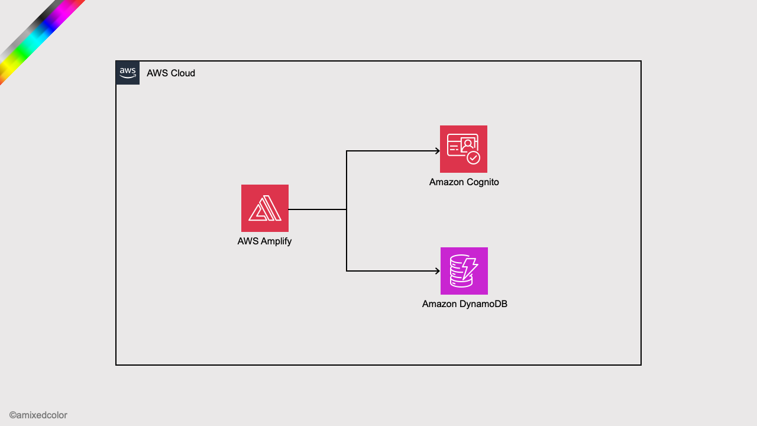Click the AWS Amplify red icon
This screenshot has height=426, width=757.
[x=264, y=208]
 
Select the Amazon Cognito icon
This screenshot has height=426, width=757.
[x=463, y=149]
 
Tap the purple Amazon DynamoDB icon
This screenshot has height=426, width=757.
[x=464, y=271]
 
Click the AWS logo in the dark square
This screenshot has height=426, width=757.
[x=128, y=73]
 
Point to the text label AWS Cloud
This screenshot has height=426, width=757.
[x=171, y=73]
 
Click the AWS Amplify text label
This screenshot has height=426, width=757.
[x=264, y=241]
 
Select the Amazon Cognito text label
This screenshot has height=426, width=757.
[x=464, y=182]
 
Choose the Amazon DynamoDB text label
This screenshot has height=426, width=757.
[x=464, y=304]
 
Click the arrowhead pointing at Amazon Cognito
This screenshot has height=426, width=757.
[x=437, y=151]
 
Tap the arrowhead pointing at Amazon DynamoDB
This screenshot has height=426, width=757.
[x=437, y=271]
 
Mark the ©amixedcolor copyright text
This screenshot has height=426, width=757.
[x=38, y=415]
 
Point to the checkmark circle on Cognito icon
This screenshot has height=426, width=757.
[x=473, y=157]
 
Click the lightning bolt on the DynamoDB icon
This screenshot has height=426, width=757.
[x=470, y=268]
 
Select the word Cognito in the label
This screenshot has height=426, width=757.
[x=482, y=182]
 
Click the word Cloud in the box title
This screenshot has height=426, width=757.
[x=183, y=73]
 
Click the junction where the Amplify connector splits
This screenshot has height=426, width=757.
[x=347, y=209]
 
